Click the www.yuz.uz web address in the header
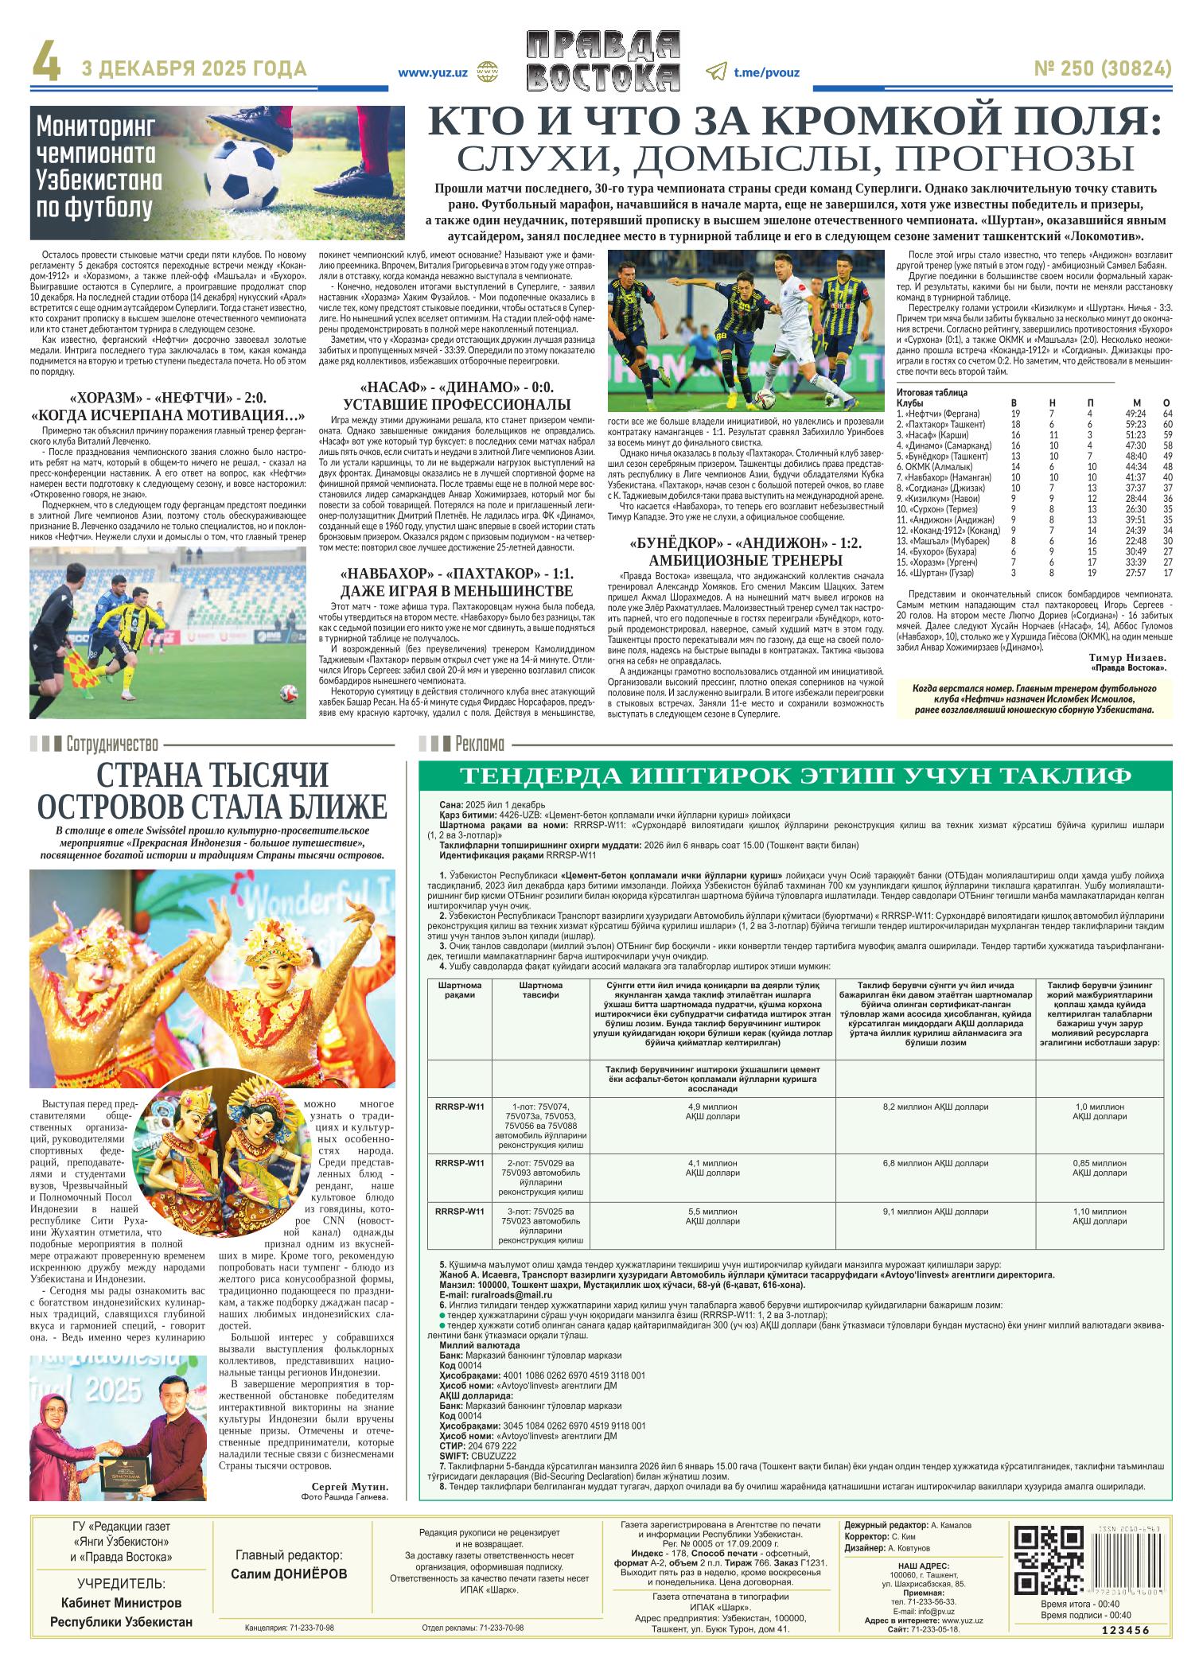(x=433, y=71)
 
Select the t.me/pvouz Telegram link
(x=766, y=71)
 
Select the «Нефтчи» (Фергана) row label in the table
(x=938, y=414)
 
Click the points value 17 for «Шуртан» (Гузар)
(x=1167, y=573)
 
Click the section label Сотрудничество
(x=112, y=745)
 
